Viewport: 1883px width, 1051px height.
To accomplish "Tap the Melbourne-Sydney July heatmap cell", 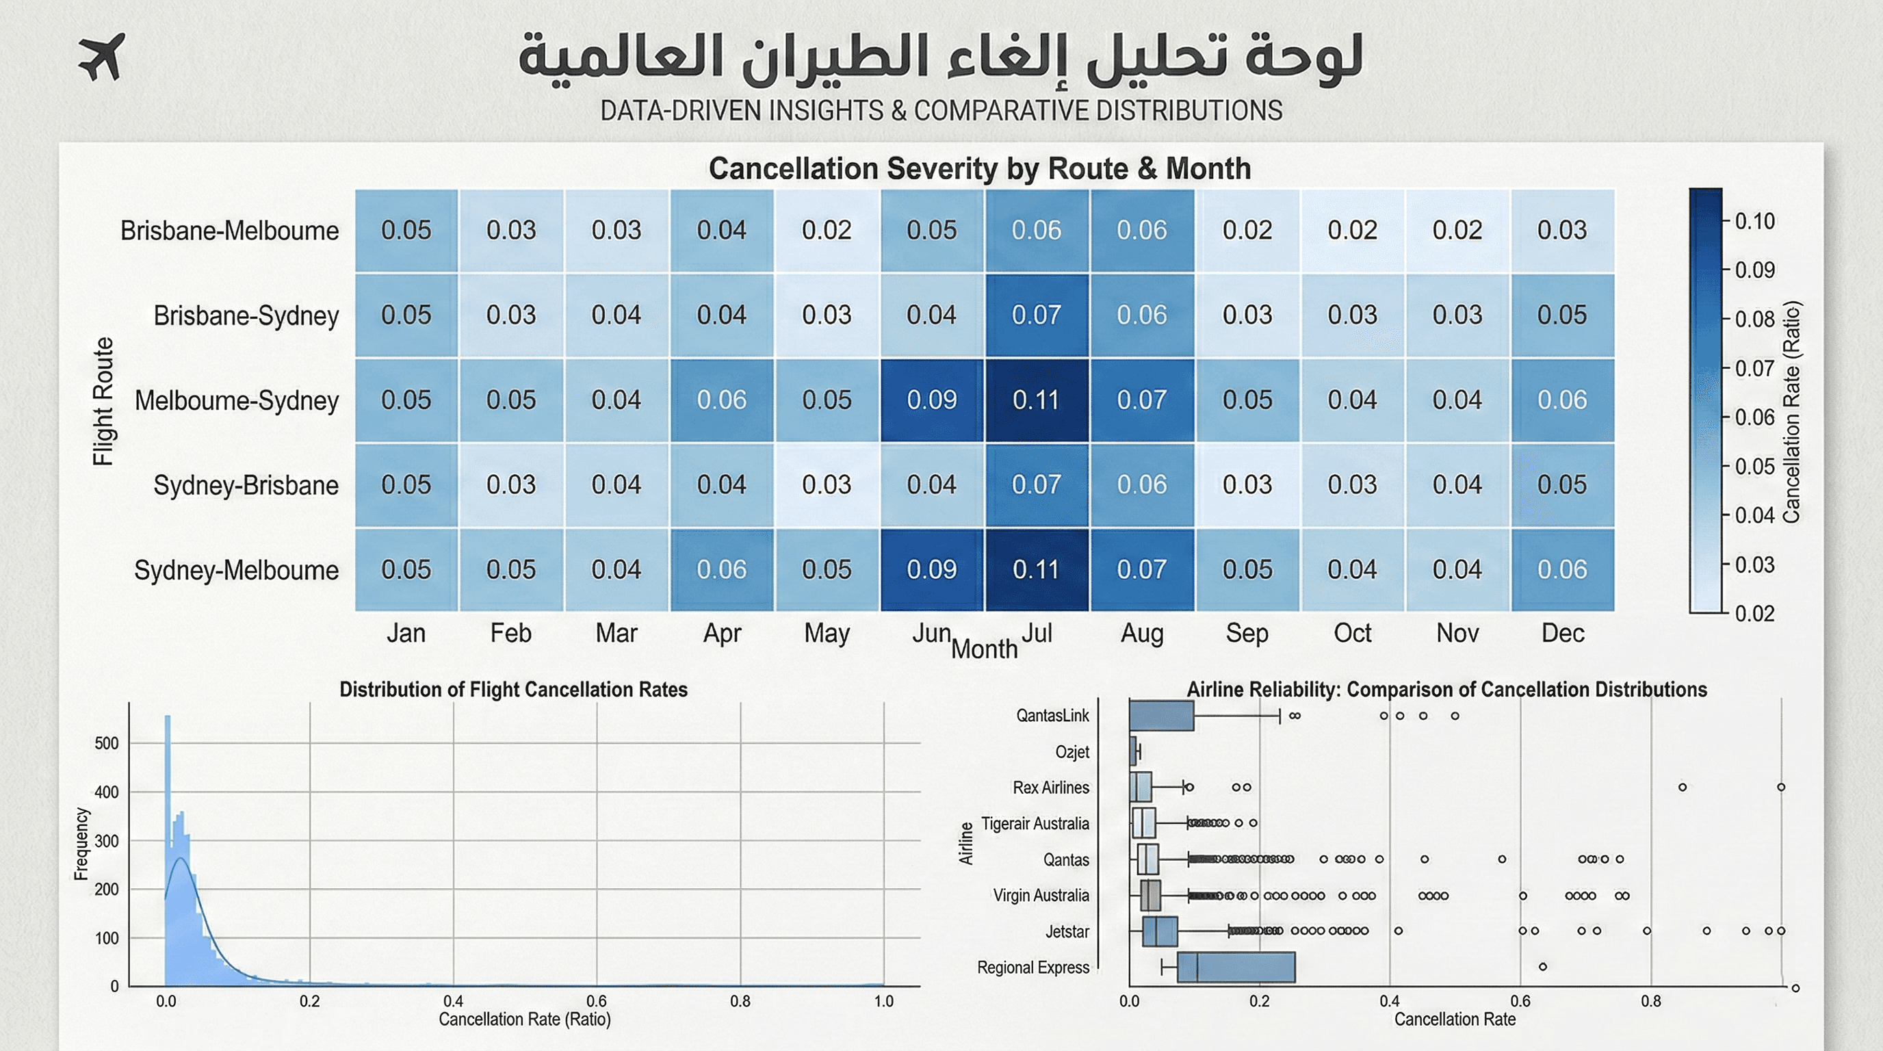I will [x=1037, y=400].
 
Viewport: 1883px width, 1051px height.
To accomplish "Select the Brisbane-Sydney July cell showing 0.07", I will [x=1037, y=315].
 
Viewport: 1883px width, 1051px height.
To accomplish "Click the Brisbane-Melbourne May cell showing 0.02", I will [x=826, y=230].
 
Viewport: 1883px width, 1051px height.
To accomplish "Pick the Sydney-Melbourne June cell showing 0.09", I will [x=931, y=569].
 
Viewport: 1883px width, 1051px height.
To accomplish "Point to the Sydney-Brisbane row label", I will [x=246, y=485].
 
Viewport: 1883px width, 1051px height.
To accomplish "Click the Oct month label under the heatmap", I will [x=1352, y=633].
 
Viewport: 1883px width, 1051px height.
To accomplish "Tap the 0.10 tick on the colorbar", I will [x=1754, y=222].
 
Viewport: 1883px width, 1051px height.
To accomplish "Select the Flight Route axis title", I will [x=103, y=400].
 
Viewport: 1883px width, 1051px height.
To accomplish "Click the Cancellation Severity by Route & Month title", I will [x=980, y=169].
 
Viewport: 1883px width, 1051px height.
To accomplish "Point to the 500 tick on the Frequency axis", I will [x=107, y=743].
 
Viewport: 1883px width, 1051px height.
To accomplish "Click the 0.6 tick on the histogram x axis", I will [x=597, y=1001].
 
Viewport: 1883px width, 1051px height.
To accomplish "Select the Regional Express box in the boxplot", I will [x=1235, y=967].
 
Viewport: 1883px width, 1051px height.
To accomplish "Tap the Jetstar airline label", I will [x=1067, y=931].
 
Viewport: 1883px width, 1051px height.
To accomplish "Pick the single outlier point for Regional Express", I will [x=1542, y=967].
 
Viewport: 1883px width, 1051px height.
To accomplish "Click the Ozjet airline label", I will [x=1072, y=752].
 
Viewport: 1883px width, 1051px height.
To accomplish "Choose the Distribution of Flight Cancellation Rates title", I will [x=513, y=690].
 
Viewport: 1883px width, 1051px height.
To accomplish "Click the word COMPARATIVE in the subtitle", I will [x=1002, y=111].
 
